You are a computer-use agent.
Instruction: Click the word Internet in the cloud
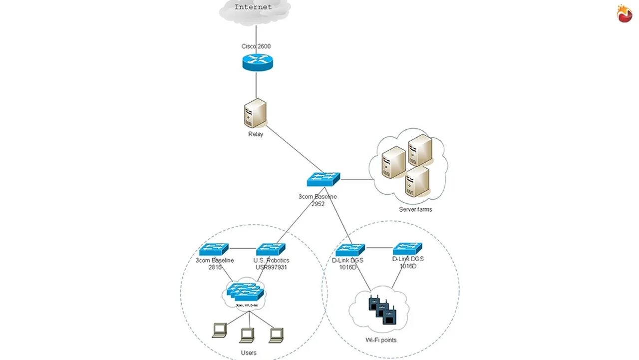(x=253, y=7)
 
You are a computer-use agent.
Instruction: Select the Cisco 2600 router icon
(x=256, y=62)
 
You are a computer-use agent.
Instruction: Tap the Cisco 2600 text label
(x=256, y=46)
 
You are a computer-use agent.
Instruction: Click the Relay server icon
(x=255, y=113)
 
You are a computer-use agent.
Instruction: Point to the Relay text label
(x=256, y=134)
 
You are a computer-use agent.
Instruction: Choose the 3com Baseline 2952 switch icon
(x=323, y=179)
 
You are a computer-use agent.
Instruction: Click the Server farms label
(x=415, y=209)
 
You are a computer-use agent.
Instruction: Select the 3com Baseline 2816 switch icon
(x=214, y=249)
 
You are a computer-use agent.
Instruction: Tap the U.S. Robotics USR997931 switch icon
(x=271, y=249)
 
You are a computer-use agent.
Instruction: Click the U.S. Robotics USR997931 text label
(x=271, y=264)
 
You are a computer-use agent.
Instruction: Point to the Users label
(x=248, y=353)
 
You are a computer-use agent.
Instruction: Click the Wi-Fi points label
(x=381, y=340)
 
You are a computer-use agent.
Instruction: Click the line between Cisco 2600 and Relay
(x=256, y=85)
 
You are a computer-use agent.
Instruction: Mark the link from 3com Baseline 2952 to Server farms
(x=357, y=179)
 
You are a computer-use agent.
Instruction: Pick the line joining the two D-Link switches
(x=379, y=247)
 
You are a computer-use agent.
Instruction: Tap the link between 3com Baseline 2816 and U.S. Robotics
(x=242, y=248)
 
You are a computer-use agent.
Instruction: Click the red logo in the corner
(x=625, y=13)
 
